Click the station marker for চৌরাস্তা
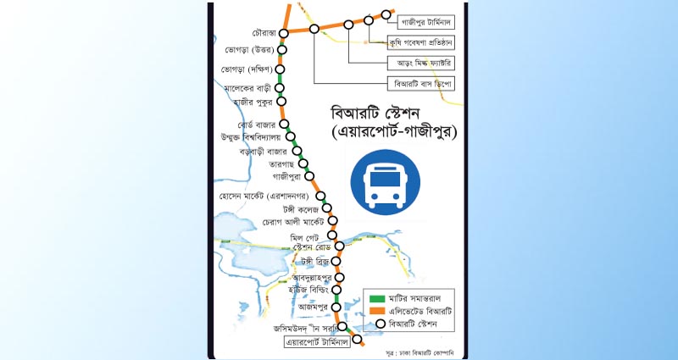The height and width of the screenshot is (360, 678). tap(284, 34)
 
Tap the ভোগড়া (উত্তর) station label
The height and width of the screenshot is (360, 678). tap(247, 50)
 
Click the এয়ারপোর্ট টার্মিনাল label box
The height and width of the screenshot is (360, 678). tap(315, 343)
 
